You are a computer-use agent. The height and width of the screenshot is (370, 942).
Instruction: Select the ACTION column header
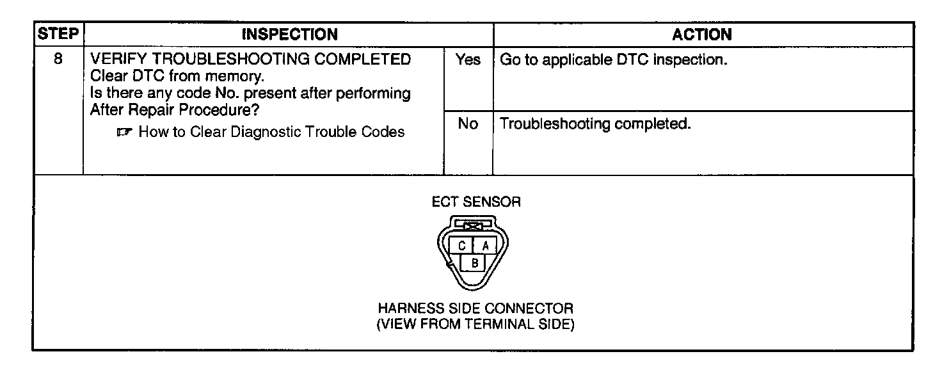pyautogui.click(x=702, y=34)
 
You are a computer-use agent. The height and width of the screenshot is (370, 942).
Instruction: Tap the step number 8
pyautogui.click(x=58, y=60)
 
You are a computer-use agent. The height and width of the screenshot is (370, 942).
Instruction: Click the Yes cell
pyautogui.click(x=468, y=61)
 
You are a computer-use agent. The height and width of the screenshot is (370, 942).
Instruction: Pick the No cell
pyautogui.click(x=468, y=124)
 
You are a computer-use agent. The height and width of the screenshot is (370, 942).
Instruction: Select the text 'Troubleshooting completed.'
pyautogui.click(x=595, y=124)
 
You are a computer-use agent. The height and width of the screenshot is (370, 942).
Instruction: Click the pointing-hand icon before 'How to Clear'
pyautogui.click(x=125, y=133)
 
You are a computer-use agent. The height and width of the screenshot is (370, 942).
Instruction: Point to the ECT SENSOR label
pyautogui.click(x=476, y=202)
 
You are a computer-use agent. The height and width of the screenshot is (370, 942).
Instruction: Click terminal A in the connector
pyautogui.click(x=485, y=245)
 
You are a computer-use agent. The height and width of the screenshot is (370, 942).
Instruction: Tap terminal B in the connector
pyautogui.click(x=474, y=262)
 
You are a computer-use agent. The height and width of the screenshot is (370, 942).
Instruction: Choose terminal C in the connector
pyautogui.click(x=461, y=245)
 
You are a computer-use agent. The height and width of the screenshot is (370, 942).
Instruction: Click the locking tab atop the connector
pyautogui.click(x=473, y=226)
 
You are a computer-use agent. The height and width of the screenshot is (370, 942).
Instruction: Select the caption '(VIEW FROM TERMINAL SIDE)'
pyautogui.click(x=475, y=324)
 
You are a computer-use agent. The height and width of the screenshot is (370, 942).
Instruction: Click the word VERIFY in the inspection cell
pyautogui.click(x=120, y=60)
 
